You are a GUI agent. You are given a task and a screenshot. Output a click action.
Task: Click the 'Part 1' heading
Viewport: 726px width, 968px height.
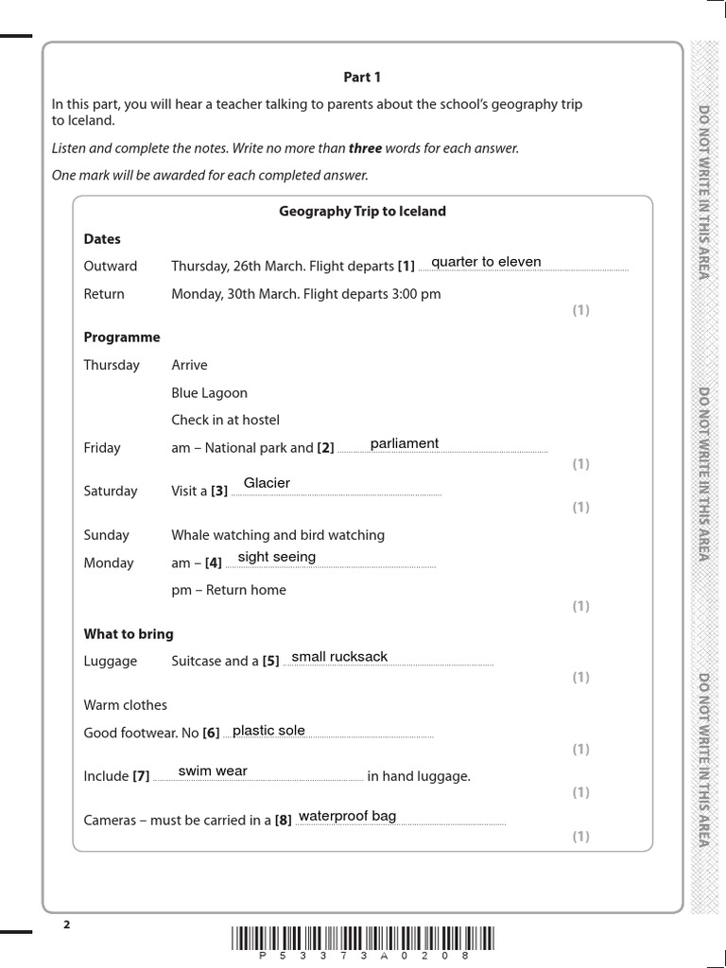362,78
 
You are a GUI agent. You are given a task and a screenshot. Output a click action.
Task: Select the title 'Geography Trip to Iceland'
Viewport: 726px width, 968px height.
362,212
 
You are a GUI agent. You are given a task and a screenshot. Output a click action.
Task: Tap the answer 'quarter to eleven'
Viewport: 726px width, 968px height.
486,262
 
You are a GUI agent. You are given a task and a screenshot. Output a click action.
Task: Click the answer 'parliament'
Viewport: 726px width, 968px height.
405,443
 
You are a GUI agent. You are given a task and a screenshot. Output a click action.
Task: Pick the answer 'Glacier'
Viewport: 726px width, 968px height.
267,483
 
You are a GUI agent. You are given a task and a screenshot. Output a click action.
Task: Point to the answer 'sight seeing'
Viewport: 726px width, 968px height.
277,557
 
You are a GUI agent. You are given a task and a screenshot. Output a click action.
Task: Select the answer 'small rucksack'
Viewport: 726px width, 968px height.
339,657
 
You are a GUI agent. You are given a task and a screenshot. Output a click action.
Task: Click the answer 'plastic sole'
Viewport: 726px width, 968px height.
268,730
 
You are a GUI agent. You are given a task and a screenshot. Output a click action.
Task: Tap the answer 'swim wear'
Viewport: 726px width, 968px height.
213,770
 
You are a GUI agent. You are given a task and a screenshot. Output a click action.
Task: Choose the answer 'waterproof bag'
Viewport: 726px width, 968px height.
347,816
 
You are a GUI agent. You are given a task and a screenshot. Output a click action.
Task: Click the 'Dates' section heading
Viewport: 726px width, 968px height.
102,239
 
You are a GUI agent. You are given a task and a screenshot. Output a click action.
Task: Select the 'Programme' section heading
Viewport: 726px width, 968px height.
122,337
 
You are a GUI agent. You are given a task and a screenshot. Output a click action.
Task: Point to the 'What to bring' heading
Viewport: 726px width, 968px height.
129,633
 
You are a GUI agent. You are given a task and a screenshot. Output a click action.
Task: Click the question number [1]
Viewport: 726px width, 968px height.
406,267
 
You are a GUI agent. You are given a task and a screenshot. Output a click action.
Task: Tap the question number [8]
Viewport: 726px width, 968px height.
283,821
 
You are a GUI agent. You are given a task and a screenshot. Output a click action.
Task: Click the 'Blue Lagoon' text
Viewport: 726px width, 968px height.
209,392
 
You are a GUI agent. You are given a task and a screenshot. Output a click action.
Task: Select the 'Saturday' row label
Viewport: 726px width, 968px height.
111,491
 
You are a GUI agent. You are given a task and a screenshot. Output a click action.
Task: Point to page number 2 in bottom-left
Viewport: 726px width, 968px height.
67,925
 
